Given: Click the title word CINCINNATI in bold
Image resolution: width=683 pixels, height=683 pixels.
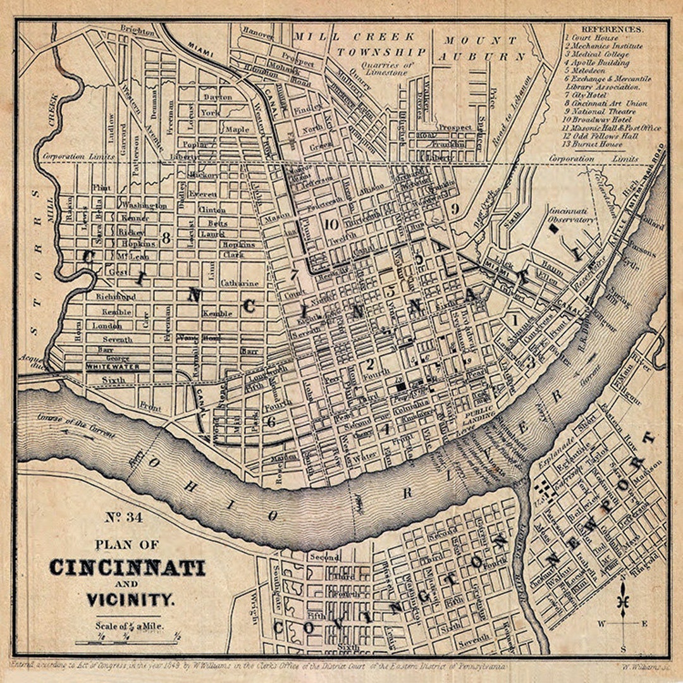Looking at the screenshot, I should click(x=127, y=567).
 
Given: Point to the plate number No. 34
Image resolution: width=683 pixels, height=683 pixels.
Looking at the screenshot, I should click(x=124, y=517).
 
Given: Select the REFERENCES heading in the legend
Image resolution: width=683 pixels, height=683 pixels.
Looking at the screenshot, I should click(x=612, y=29).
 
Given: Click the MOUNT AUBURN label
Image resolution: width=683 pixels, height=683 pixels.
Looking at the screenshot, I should click(x=484, y=47).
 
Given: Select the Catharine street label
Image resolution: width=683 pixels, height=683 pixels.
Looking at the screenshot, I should click(x=240, y=283).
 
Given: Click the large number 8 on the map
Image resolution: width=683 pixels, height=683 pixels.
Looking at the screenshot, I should click(x=166, y=238).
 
